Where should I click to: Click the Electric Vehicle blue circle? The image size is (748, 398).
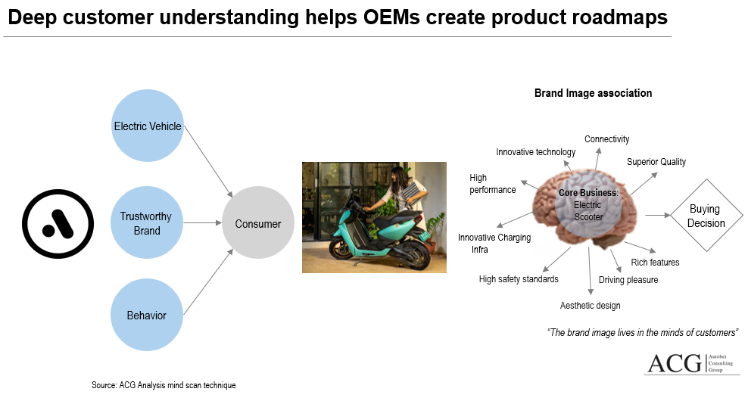pos(147,126)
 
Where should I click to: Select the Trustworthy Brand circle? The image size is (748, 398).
pos(147,222)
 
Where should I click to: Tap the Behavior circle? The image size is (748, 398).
pos(147,315)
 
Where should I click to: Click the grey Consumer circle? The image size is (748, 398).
pos(258,223)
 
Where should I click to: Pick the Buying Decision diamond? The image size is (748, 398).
pos(706,216)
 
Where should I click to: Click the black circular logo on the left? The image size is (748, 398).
pos(58,223)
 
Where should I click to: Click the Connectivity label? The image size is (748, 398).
pos(606,139)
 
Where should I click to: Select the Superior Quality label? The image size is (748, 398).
pos(656,162)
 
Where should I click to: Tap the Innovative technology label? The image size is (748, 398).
pos(535,152)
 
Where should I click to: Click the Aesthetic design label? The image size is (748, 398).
pos(590,306)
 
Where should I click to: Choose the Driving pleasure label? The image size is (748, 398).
pos(628,280)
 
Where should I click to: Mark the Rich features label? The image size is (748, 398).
pos(655,263)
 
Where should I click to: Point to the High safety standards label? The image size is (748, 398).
pos(519,279)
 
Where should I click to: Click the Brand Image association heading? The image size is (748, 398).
pos(593,93)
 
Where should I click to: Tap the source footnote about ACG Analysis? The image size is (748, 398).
pos(164,385)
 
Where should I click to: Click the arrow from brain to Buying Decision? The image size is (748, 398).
pos(658,216)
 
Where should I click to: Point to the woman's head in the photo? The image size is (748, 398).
pos(399,175)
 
